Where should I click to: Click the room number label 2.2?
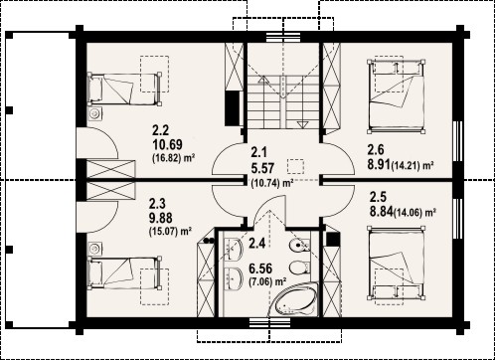point(161,130)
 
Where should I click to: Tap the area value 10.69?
point(167,144)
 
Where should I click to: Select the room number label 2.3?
point(157,204)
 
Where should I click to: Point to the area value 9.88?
point(161,219)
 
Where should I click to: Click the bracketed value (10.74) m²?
point(272,183)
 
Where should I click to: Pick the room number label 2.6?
point(376,150)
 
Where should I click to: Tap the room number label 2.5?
point(378,198)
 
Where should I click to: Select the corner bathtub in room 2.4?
point(294,301)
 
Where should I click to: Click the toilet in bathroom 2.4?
point(299,268)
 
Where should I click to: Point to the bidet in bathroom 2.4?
point(299,246)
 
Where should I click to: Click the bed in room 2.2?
point(124,90)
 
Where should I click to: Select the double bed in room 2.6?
point(397,96)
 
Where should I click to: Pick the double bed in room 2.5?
point(397,264)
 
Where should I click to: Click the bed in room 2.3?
point(124,271)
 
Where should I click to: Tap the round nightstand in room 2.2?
point(95,113)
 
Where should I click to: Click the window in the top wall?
point(283,37)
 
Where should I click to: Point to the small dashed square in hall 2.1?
point(296,166)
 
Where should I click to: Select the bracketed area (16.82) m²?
point(173,158)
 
